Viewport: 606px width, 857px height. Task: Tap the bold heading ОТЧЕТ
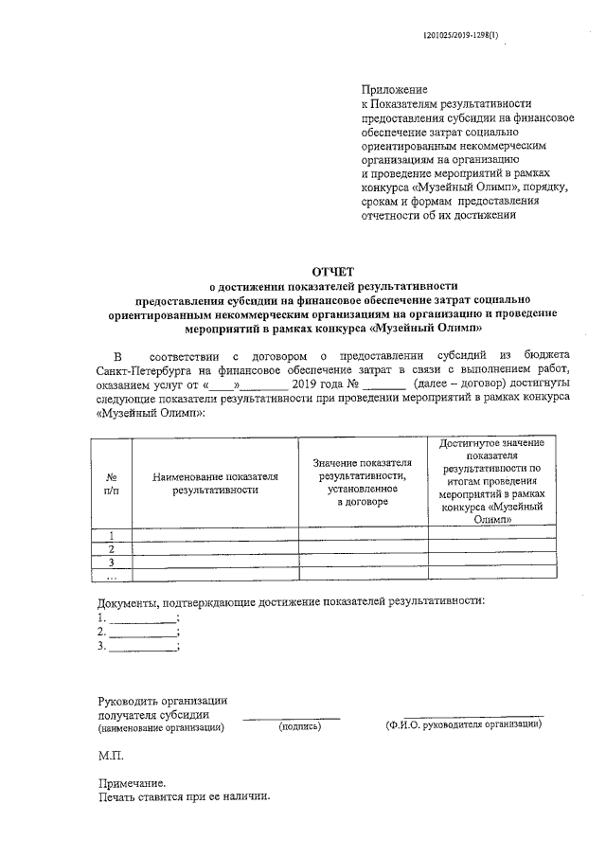pyautogui.click(x=332, y=271)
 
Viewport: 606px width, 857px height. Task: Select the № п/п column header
pyautogui.click(x=111, y=483)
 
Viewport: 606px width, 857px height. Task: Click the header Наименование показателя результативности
pyautogui.click(x=215, y=483)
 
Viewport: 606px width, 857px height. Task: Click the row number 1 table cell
pyautogui.click(x=111, y=534)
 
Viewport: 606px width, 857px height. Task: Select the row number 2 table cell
pyautogui.click(x=111, y=548)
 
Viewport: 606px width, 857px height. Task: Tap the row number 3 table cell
pyautogui.click(x=111, y=562)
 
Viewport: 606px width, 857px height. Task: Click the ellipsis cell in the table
pyautogui.click(x=111, y=575)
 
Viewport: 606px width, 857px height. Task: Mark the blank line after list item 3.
pyautogui.click(x=142, y=649)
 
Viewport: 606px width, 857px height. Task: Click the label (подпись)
pyautogui.click(x=300, y=727)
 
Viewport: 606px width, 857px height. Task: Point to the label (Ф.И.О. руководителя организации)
pyautogui.click(x=463, y=725)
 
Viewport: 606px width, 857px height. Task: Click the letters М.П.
pyautogui.click(x=111, y=759)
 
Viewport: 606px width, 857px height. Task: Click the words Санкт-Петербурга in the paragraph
pyautogui.click(x=143, y=367)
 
